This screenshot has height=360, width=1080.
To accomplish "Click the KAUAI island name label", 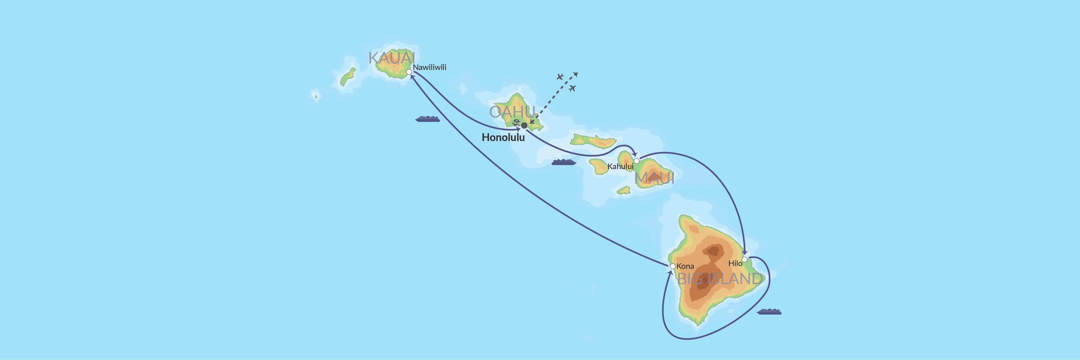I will (392, 58).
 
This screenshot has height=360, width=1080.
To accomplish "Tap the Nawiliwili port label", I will (429, 67).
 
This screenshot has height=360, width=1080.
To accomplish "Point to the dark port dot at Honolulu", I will (524, 125).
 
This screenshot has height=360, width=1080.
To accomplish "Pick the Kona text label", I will (685, 266).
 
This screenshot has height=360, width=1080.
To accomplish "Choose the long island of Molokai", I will (593, 141).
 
